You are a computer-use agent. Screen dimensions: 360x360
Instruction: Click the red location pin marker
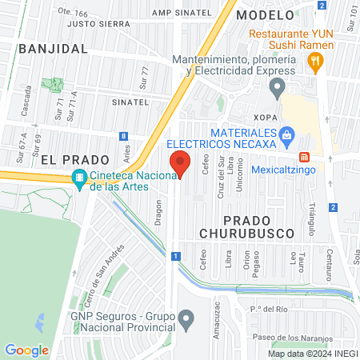181,164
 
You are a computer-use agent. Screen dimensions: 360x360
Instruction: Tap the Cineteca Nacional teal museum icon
79,180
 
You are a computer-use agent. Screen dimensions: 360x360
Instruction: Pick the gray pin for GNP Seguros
186,321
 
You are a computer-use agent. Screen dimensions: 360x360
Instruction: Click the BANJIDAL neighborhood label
52,49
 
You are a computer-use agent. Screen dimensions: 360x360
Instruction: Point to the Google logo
26,350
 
